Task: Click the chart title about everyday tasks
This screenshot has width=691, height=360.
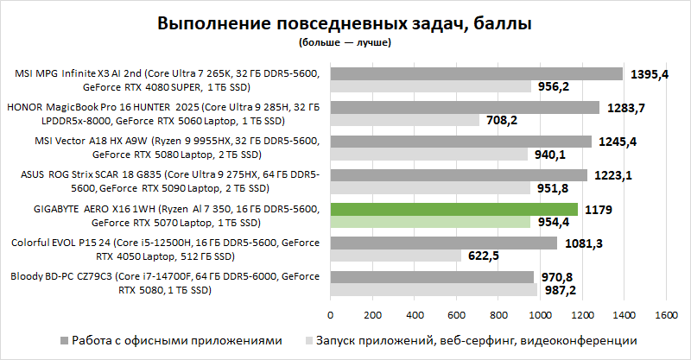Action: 345,23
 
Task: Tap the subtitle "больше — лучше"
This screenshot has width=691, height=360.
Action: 345,41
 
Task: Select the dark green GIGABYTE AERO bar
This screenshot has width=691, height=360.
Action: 453,209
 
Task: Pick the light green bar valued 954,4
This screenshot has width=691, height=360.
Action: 430,222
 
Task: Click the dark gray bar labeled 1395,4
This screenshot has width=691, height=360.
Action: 476,73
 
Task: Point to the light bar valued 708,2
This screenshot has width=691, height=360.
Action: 404,121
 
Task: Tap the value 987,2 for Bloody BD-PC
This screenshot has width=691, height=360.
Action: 564,291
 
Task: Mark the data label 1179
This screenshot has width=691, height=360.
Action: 599,209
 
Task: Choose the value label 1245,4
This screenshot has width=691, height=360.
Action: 618,142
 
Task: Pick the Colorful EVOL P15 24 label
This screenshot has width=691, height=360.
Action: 167,249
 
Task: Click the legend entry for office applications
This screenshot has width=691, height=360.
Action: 176,341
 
